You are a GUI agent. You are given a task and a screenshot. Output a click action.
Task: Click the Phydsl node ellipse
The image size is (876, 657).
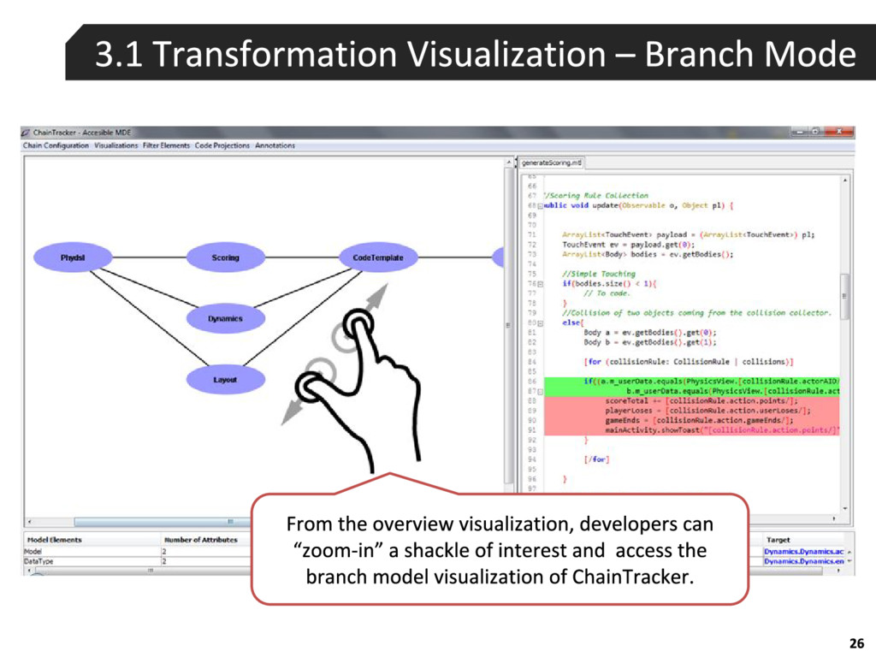point(73,257)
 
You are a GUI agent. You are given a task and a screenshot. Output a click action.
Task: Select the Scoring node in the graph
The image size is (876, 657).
point(225,257)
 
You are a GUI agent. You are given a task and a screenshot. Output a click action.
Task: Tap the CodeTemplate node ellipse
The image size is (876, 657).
point(377,257)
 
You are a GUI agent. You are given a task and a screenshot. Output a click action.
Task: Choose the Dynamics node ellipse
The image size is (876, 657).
point(225,319)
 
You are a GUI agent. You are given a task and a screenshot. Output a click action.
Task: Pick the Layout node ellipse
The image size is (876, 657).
point(225,380)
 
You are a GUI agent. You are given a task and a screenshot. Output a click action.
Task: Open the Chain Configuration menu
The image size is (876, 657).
point(56,145)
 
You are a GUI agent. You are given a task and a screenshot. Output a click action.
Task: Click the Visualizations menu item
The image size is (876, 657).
point(115,145)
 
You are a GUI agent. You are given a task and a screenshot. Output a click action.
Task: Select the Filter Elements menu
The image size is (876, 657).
point(166,145)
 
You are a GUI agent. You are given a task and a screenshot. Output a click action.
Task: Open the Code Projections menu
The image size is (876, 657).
point(222,145)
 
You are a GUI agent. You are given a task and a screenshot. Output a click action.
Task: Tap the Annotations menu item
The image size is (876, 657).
point(275,145)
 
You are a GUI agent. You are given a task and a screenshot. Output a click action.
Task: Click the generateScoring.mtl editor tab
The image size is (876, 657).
point(552,162)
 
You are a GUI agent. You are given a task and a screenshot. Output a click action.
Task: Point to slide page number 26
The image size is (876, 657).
point(856,643)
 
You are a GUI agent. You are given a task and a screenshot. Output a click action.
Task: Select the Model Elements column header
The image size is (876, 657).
point(54,540)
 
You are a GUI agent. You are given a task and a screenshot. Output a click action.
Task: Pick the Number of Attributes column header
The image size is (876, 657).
point(201,540)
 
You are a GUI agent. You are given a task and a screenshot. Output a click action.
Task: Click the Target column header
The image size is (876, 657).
point(778,540)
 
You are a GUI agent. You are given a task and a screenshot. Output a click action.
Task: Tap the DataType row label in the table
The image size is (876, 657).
point(38,561)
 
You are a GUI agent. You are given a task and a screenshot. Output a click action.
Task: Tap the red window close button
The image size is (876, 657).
point(842,133)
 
